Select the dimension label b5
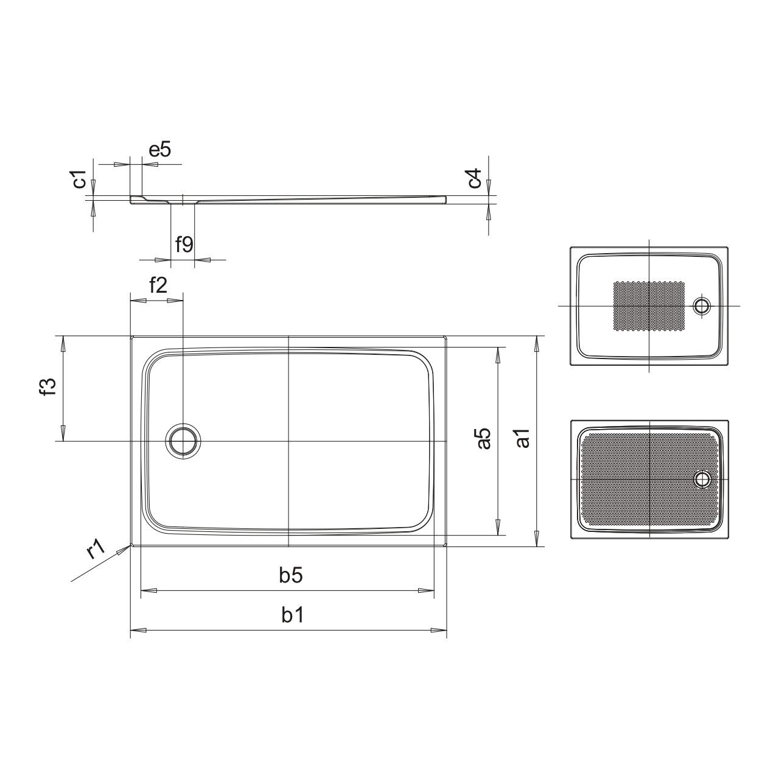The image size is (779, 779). click(291, 575)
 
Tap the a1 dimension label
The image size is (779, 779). click(523, 438)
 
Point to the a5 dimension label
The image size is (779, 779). click(483, 439)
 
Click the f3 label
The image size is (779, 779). click(49, 386)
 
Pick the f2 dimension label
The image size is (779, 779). click(158, 286)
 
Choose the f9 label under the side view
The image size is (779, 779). click(184, 244)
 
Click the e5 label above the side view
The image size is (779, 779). click(160, 150)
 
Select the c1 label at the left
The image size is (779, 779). click(80, 180)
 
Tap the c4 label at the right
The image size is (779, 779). click(475, 178)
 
